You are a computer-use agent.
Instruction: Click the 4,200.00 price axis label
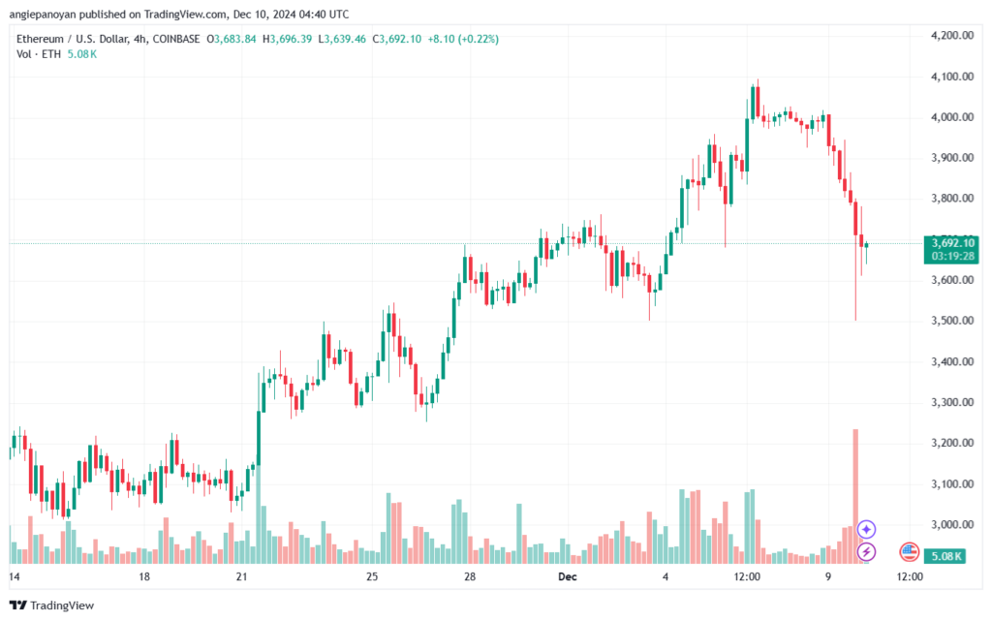(951, 36)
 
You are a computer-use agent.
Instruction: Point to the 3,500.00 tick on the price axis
(951, 321)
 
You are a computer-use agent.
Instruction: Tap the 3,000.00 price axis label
(951, 524)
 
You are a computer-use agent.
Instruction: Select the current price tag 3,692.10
(953, 243)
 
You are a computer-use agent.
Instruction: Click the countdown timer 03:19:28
(953, 256)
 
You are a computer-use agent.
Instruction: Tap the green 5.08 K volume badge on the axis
(945, 556)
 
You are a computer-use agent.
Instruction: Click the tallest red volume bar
(855, 496)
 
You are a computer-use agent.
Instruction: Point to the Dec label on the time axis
(568, 576)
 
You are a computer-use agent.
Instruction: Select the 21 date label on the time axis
(241, 576)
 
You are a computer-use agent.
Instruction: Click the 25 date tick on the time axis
(372, 576)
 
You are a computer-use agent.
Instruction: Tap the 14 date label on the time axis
(14, 576)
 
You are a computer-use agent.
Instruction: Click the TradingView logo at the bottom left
(52, 605)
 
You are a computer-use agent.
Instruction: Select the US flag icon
(909, 552)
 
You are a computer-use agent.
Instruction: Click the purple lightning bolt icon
(866, 552)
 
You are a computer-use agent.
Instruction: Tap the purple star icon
(866, 529)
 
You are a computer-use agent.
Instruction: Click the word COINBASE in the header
(176, 39)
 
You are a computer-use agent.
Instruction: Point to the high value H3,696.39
(288, 39)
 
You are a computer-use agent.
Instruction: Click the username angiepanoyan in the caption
(43, 15)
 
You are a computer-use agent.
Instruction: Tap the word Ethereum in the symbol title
(40, 39)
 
